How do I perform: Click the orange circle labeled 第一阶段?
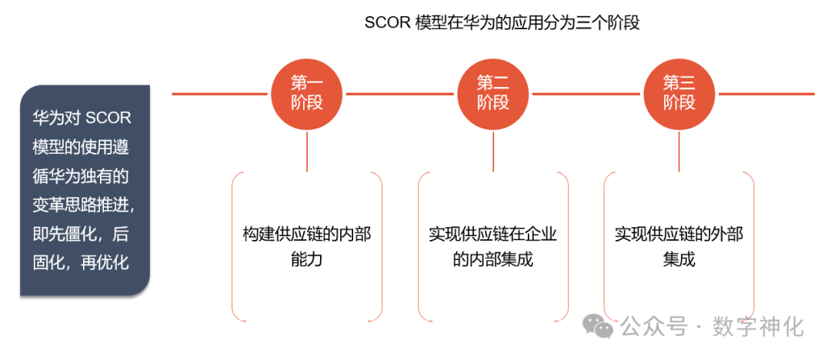pos(307,94)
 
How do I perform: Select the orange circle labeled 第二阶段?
pos(493,94)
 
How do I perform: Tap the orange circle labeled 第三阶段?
pos(679,94)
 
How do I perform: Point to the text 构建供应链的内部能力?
pos(307,246)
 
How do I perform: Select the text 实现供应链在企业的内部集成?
pos(493,246)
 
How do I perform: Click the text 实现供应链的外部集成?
pos(679,246)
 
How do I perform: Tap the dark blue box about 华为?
pos(85,190)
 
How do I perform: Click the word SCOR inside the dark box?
pos(108,118)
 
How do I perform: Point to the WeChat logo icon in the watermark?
pos(598,326)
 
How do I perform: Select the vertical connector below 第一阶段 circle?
pos(307,151)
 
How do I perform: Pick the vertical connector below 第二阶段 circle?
pos(493,151)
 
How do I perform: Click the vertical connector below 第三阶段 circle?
pos(679,151)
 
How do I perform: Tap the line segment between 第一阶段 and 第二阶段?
pos(400,94)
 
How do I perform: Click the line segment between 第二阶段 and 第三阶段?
pos(586,94)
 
